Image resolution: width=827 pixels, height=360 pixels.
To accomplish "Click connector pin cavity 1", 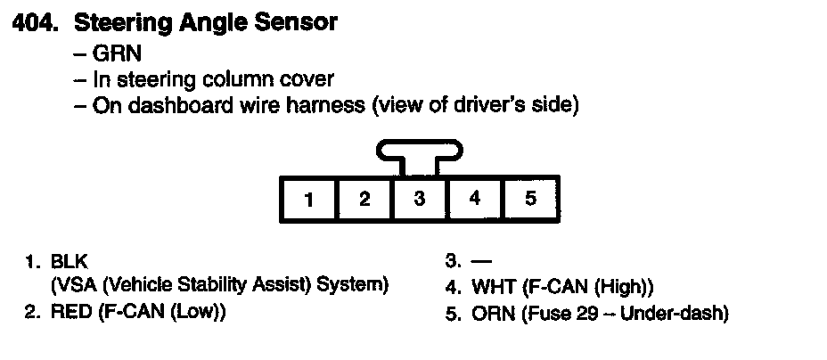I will (308, 200).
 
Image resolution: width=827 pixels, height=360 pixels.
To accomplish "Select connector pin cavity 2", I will (364, 200).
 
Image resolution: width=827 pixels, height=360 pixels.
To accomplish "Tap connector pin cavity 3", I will (420, 200).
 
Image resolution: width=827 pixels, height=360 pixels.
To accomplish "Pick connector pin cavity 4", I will (475, 200).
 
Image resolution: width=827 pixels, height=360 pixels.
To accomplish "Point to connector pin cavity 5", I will (530, 200).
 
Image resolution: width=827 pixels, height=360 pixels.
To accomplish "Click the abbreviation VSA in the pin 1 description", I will (76, 286).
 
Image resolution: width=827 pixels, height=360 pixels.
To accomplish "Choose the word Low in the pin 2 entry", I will (194, 312).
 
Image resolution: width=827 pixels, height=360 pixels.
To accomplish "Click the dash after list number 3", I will (481, 263).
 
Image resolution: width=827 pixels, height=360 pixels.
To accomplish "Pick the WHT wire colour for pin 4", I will (489, 288).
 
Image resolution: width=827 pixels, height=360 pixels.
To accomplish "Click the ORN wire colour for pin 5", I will (490, 313).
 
